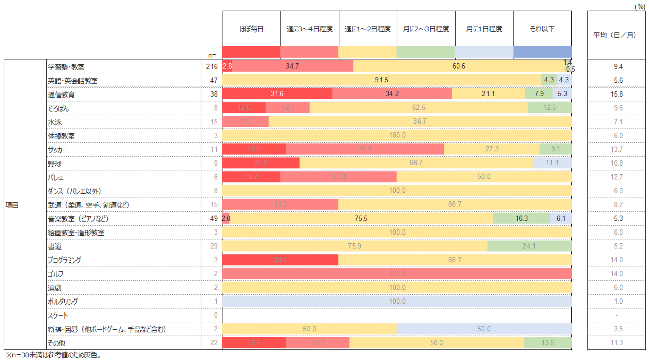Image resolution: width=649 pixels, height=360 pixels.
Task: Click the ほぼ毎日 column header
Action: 251,29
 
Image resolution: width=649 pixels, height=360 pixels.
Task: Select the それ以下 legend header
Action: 542,29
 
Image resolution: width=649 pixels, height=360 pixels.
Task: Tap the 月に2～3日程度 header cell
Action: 426,29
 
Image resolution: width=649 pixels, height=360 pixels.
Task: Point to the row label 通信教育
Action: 62,95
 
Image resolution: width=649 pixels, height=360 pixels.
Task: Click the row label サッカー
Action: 58,150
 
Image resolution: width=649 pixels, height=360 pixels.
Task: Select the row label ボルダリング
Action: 63,302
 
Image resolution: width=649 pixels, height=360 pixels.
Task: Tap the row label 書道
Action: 54,246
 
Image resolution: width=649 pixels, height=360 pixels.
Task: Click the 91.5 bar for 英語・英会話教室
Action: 381,81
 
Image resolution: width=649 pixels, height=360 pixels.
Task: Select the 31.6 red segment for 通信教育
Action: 277,95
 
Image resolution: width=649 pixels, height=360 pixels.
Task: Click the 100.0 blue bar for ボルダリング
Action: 397,302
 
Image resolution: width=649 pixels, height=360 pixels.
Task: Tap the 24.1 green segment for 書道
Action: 530,246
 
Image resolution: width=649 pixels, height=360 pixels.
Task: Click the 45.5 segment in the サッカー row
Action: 365,150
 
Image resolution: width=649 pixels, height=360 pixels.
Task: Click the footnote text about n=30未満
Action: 53,355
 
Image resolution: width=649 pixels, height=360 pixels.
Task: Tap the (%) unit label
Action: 640,5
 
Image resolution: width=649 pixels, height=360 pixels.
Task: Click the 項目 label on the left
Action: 12,205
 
